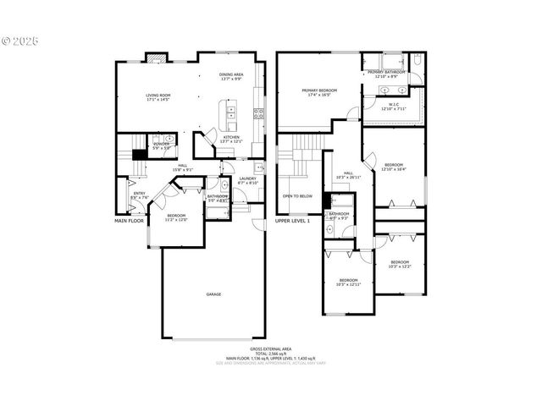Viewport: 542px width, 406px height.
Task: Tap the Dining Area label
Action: (231, 76)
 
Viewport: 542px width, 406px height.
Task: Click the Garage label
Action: (213, 294)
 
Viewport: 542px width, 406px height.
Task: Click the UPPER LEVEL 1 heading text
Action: (292, 221)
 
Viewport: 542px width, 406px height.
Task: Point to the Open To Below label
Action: (297, 195)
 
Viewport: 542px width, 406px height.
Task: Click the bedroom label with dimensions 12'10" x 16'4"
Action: (394, 167)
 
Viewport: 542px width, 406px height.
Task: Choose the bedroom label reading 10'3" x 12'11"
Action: (348, 282)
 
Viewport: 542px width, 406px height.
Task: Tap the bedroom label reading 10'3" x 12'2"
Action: (400, 264)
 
